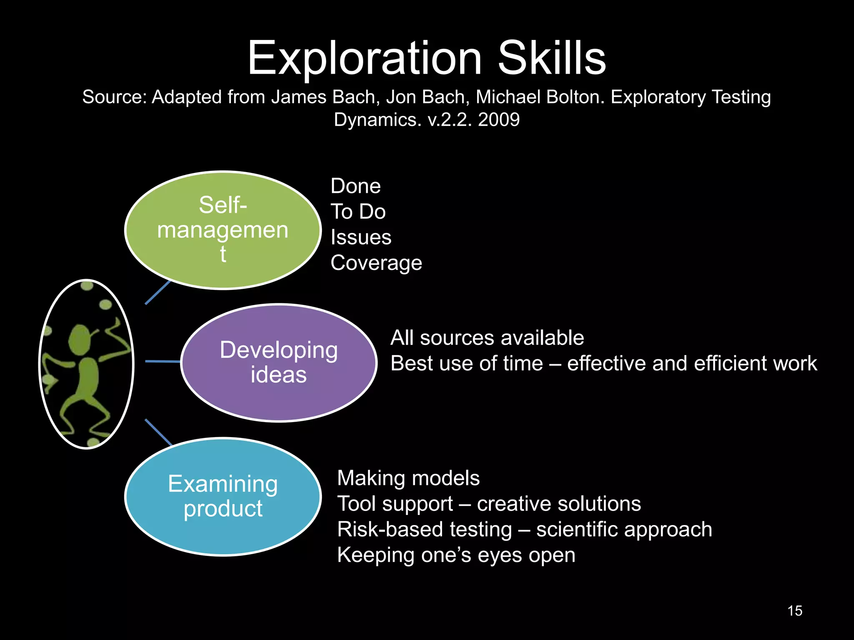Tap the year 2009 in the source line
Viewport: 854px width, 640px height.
pyautogui.click(x=499, y=120)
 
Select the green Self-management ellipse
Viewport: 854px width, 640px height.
pyautogui.click(x=223, y=230)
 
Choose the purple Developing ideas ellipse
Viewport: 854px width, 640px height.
pyautogui.click(x=279, y=362)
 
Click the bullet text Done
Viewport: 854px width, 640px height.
pyautogui.click(x=355, y=186)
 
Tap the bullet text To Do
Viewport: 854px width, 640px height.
pyautogui.click(x=358, y=212)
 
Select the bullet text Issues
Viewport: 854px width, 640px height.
pyautogui.click(x=361, y=237)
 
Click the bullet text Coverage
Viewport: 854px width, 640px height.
pyautogui.click(x=376, y=263)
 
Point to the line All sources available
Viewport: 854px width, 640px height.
pyautogui.click(x=487, y=337)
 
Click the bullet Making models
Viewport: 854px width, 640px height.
pyautogui.click(x=408, y=478)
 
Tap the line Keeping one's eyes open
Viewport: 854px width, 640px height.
pyautogui.click(x=456, y=555)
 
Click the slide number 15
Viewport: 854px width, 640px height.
pyautogui.click(x=795, y=611)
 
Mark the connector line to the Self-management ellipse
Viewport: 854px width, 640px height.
pyautogui.click(x=158, y=292)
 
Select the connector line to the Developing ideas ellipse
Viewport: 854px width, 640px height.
pyautogui.click(x=163, y=361)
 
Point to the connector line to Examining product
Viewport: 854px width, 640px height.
pyautogui.click(x=158, y=432)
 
